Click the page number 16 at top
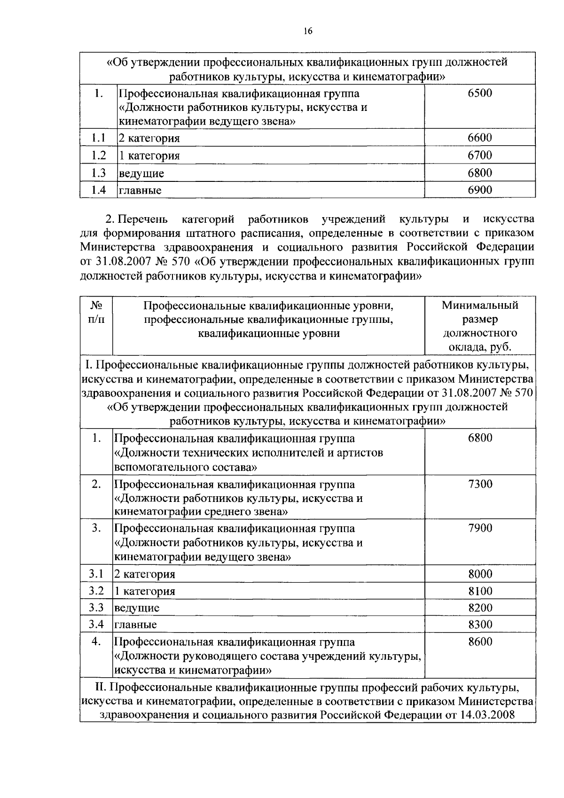[308, 31]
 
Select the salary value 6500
[480, 93]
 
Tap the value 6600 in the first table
[480, 138]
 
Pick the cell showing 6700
[480, 155]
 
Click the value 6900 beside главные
[480, 190]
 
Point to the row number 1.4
[98, 190]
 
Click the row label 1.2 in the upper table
[98, 155]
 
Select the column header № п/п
[96, 312]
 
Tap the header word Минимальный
[480, 305]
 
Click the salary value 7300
[480, 484]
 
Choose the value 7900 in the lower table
[480, 528]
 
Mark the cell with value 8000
[480, 574]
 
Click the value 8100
[480, 591]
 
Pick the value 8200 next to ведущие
[480, 608]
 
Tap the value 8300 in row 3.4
[480, 625]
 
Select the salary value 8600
[480, 642]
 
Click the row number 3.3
[96, 608]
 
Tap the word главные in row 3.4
[136, 625]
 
